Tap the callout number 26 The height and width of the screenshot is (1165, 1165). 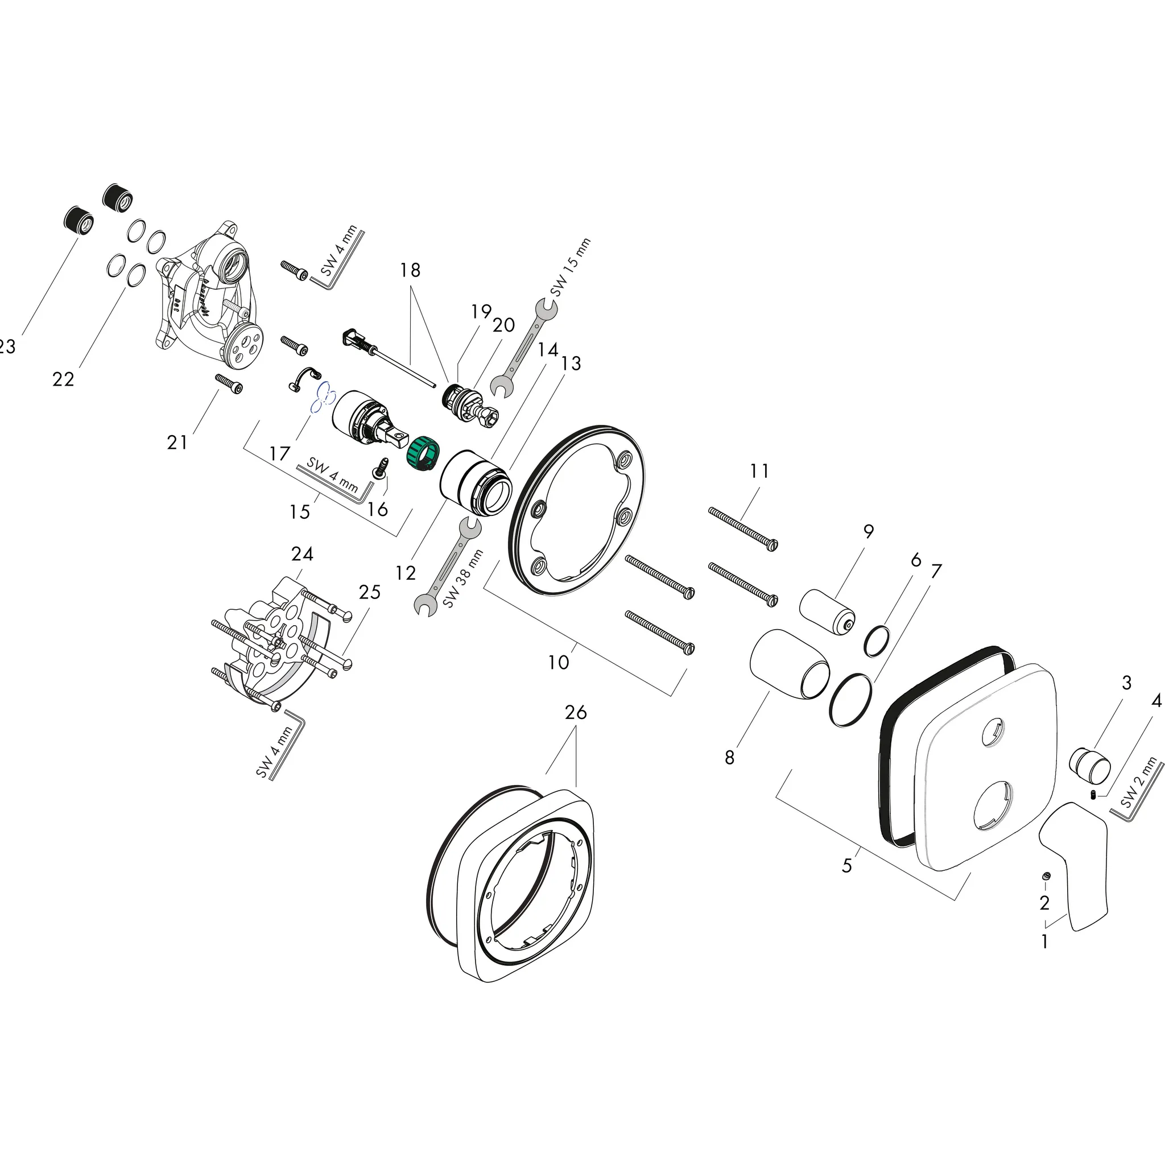coord(575,713)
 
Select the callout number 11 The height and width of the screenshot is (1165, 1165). coord(759,471)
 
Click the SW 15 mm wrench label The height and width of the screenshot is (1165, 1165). coord(570,268)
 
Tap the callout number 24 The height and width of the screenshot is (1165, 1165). coord(301,553)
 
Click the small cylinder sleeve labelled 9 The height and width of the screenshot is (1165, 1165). coord(826,614)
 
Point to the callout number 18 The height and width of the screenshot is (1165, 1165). coord(410,270)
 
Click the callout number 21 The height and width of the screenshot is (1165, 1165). coord(177,443)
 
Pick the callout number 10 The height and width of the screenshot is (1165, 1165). coord(559,662)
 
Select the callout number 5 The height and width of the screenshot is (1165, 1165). coord(846,866)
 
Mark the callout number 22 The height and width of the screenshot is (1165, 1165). coord(63,379)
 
